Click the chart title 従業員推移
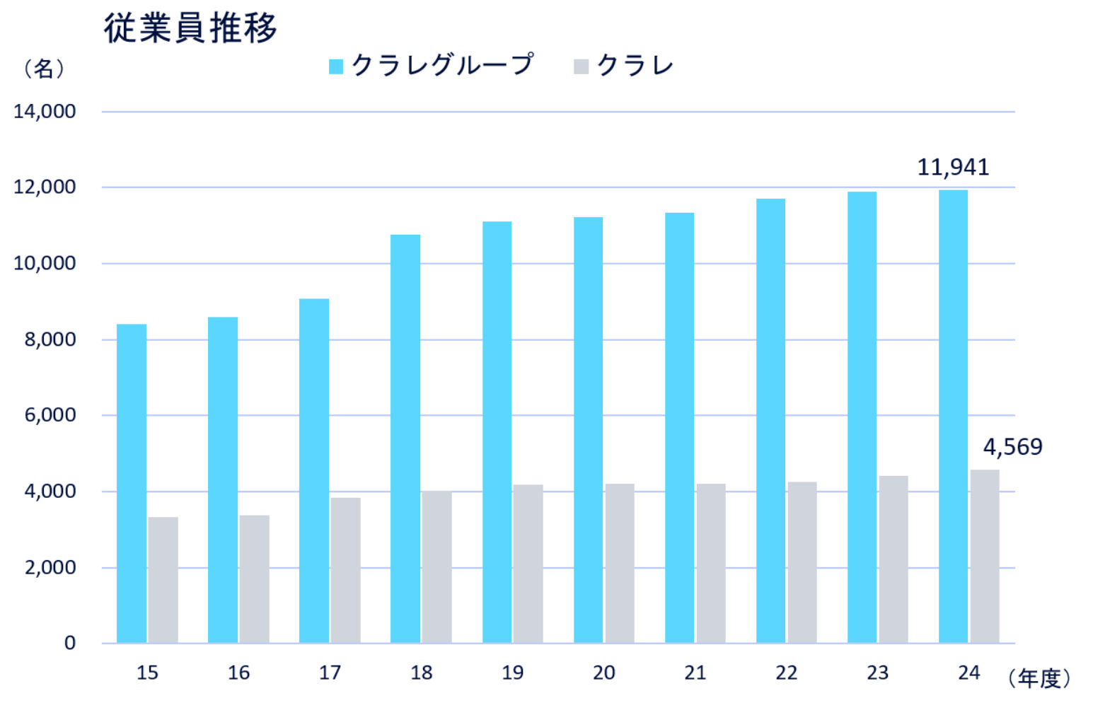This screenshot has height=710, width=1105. (x=190, y=29)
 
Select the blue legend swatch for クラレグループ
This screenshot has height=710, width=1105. (x=336, y=66)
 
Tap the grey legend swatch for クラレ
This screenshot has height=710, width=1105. (x=581, y=66)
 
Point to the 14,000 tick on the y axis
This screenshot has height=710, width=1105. (x=45, y=112)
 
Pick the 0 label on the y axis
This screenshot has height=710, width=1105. (x=69, y=643)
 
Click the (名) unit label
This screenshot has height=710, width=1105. (x=44, y=69)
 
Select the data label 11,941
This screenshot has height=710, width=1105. (x=953, y=167)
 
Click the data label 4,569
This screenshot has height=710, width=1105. (x=1012, y=447)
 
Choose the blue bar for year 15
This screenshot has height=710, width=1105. (x=132, y=484)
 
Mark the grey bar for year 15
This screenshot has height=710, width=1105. (x=163, y=580)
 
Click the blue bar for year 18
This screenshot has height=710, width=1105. (x=405, y=438)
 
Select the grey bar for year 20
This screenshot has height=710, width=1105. (x=620, y=563)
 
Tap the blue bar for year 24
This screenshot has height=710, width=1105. (x=953, y=417)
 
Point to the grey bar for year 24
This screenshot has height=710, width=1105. (x=984, y=557)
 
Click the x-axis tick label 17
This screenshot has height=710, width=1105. (x=330, y=673)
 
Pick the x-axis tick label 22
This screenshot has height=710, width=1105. (x=786, y=673)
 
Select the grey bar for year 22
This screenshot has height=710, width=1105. (x=802, y=562)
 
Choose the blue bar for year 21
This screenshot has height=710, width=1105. (x=679, y=428)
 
